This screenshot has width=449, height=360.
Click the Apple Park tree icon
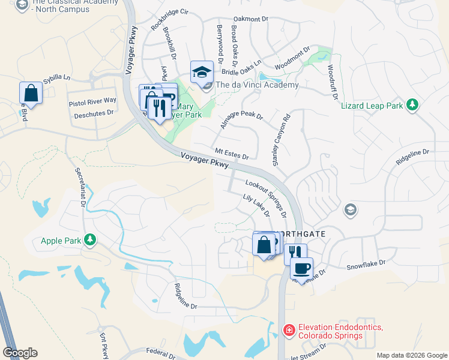click(x=90, y=241)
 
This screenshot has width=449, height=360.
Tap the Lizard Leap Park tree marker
click(x=412, y=105)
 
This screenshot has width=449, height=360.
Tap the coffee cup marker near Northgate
click(x=302, y=267)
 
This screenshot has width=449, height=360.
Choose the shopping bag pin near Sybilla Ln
click(x=31, y=94)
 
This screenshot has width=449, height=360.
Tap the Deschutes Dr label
click(x=92, y=112)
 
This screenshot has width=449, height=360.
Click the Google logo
click(x=20, y=353)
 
